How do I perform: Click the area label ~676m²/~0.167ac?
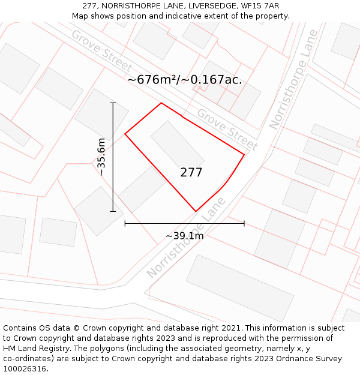[x=185, y=79]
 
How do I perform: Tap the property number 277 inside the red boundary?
[x=191, y=173]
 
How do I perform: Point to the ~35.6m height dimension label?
[x=101, y=157]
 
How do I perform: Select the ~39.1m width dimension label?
[x=184, y=236]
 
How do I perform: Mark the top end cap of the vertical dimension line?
[x=113, y=103]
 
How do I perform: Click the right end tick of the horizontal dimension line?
[x=244, y=223]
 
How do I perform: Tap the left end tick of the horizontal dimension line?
[x=125, y=223]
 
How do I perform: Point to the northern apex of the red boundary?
[x=161, y=103]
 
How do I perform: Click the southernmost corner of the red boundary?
[x=196, y=211]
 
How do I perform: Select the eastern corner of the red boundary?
[x=244, y=155]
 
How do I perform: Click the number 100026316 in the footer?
[x=25, y=369]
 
